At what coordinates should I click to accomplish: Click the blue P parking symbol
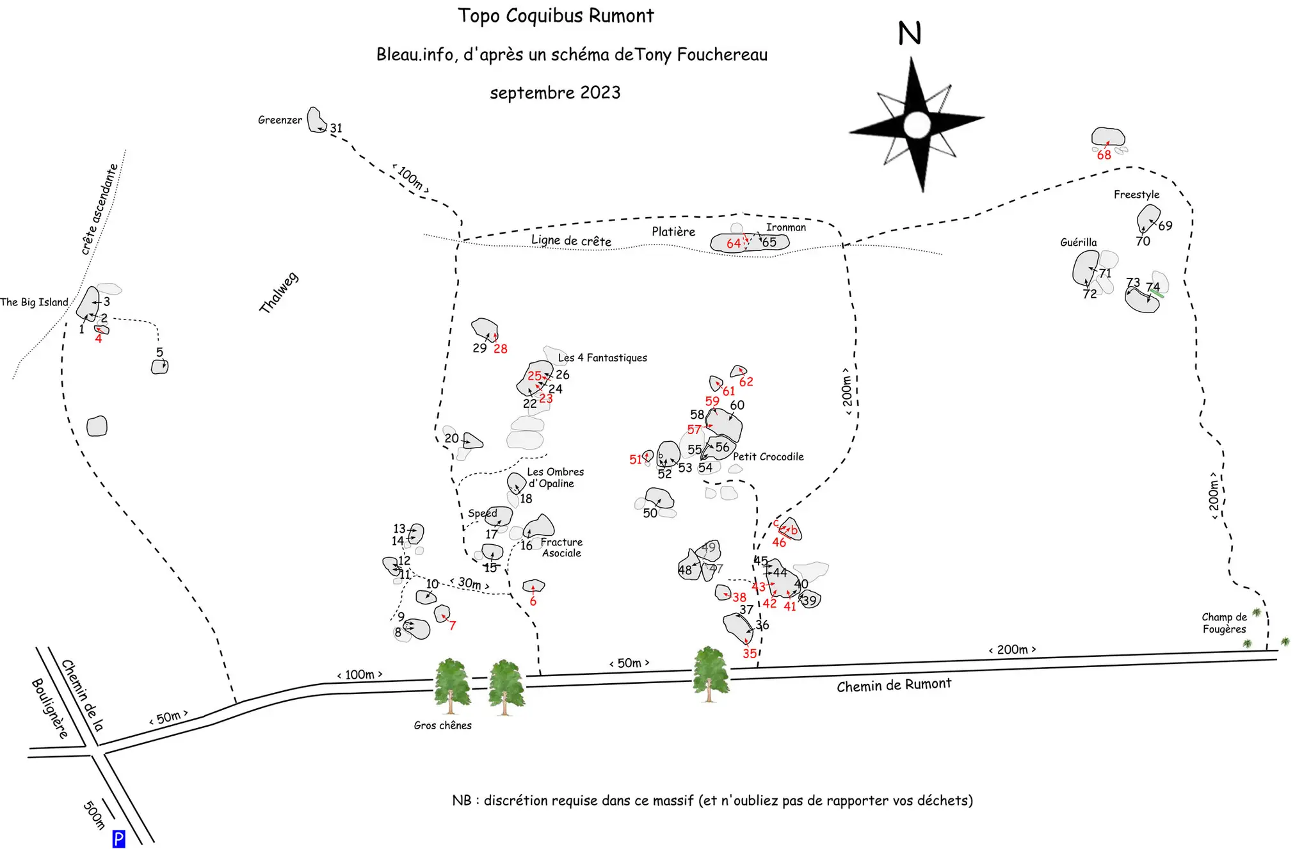pos(118,839)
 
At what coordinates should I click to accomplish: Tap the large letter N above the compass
pos(910,33)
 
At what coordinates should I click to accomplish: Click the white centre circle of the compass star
pos(917,124)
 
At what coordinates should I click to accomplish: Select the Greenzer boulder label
pos(280,120)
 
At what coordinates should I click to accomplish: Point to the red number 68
pos(1104,155)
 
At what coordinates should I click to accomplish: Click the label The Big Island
pos(34,302)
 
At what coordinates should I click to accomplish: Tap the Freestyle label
pos(1136,195)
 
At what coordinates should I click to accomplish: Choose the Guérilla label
pos(1078,242)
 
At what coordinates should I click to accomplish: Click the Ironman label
pos(786,227)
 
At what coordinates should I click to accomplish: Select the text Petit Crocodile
pos(768,457)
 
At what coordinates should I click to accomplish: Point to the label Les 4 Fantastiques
pos(602,358)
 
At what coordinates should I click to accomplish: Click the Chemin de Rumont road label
pos(894,685)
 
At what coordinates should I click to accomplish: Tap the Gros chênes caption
pos(442,725)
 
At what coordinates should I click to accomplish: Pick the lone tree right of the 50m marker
pos(710,674)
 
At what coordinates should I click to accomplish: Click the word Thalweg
pos(278,293)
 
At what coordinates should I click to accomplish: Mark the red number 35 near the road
pos(750,654)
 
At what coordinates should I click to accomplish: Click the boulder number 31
pos(336,129)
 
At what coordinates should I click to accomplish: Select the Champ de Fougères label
pos(1224,623)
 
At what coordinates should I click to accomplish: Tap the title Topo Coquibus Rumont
pos(556,16)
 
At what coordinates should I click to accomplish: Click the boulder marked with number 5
pos(159,367)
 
